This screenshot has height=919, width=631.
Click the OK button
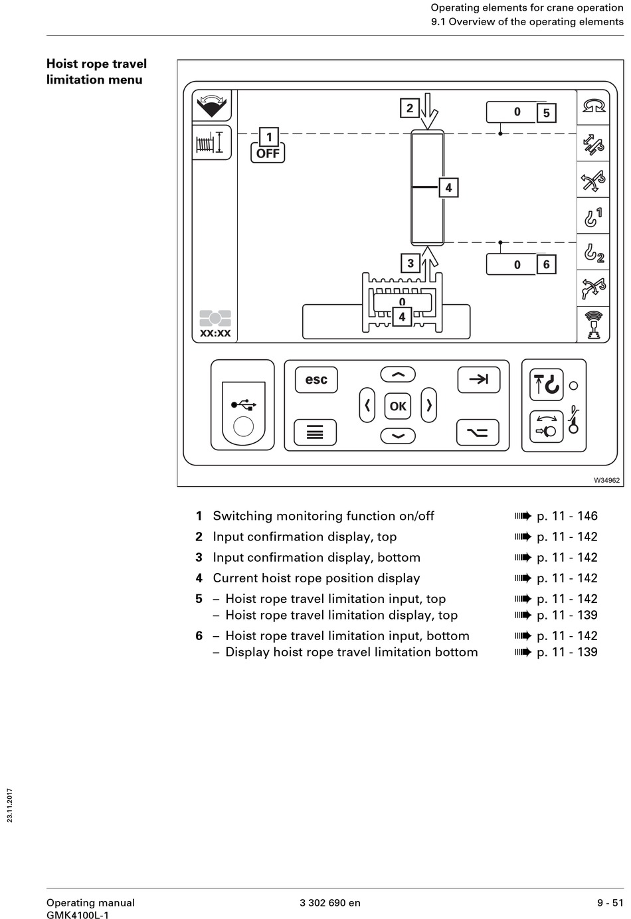click(x=398, y=406)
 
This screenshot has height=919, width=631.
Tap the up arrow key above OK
click(x=398, y=374)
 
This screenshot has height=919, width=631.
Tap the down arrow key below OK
click(x=398, y=436)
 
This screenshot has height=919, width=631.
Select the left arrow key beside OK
click(x=367, y=405)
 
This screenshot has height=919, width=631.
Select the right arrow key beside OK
click(x=428, y=405)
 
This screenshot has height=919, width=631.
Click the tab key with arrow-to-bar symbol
click(x=479, y=380)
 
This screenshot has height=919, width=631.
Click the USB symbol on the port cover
click(x=244, y=405)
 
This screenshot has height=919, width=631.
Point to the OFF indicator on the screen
click(x=268, y=153)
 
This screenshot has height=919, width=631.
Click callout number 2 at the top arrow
click(x=409, y=108)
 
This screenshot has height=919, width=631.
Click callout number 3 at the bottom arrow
click(x=410, y=263)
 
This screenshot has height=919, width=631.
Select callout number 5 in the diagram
click(x=546, y=113)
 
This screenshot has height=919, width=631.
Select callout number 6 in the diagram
click(x=546, y=264)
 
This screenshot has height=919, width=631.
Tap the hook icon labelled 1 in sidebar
click(x=593, y=217)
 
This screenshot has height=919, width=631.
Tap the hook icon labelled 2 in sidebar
click(x=593, y=253)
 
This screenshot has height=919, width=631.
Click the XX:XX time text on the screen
click(x=215, y=333)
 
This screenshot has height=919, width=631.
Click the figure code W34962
click(x=607, y=481)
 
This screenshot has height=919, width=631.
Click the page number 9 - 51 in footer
click(x=610, y=902)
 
